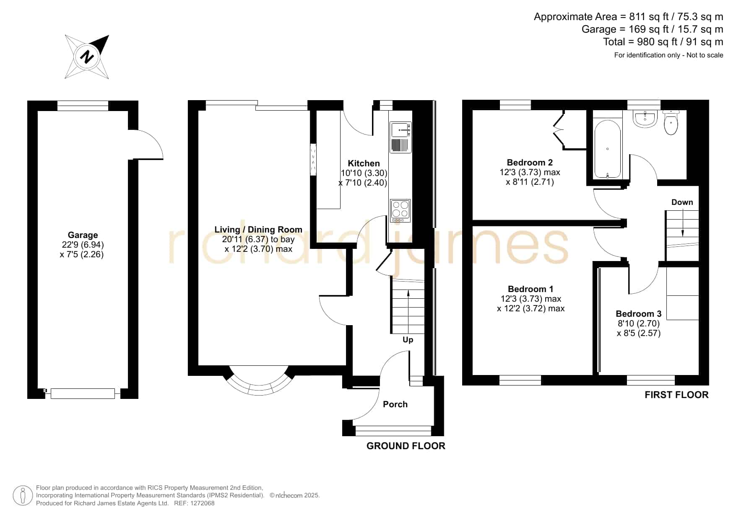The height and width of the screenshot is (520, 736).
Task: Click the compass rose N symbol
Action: [88, 57]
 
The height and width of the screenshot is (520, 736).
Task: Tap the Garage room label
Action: [83, 235]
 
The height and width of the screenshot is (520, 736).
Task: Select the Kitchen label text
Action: [364, 163]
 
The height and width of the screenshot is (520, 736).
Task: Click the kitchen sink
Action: [401, 137]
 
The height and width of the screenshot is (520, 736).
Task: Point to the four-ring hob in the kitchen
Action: [400, 211]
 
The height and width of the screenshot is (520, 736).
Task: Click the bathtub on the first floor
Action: [607, 149]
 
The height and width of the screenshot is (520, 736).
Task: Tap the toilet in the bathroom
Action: [671, 122]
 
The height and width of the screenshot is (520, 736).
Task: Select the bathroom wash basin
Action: [645, 119]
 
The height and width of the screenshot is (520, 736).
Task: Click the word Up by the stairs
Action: [408, 340]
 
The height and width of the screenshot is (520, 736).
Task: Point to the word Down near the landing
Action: [682, 202]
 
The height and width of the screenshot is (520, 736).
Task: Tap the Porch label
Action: [395, 404]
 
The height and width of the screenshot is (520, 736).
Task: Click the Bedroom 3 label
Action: [638, 313]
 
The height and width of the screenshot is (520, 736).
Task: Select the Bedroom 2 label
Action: [530, 163]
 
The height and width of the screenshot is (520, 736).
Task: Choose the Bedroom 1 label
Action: [531, 289]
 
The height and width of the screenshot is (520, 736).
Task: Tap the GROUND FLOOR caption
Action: [406, 446]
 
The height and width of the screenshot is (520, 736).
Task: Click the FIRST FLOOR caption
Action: [676, 395]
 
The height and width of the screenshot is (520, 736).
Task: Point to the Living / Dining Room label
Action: [258, 230]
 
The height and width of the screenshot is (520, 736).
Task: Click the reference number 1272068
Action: [203, 503]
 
